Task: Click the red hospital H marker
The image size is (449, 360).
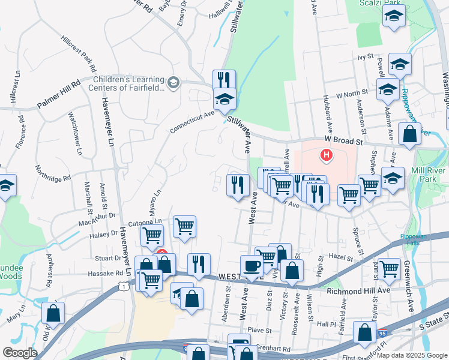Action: click(326, 156)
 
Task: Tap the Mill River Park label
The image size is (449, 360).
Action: click(429, 174)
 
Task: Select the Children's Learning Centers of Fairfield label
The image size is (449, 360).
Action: click(128, 83)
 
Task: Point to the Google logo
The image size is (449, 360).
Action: click(20, 352)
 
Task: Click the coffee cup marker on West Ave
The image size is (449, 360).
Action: click(252, 266)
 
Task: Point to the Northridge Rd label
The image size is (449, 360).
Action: click(53, 173)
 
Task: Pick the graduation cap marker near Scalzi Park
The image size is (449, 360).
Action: click(393, 18)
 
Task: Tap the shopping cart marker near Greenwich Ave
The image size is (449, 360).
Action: click(390, 268)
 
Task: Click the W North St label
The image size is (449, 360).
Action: click(352, 94)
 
